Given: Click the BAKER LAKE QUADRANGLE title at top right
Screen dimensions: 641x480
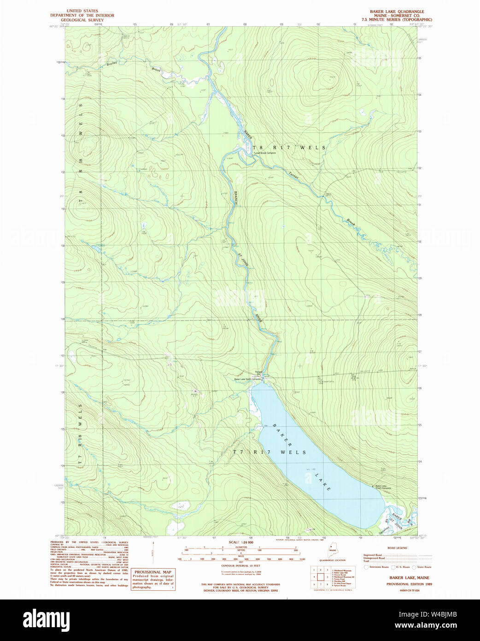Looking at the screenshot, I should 397,12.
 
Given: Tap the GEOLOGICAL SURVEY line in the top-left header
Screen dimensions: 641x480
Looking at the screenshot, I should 82,20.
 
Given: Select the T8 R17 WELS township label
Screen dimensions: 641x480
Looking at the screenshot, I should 289,148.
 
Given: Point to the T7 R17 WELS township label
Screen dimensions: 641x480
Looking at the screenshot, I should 269,452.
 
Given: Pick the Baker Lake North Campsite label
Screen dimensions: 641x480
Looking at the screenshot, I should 247,379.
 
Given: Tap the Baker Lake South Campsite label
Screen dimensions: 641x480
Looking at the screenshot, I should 383,487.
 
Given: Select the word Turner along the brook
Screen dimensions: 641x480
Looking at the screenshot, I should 293,176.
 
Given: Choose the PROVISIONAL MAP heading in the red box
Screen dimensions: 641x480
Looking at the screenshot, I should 152,572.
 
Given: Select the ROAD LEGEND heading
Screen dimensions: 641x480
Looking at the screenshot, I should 397,548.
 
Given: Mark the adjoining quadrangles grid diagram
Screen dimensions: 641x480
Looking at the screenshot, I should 321,576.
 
